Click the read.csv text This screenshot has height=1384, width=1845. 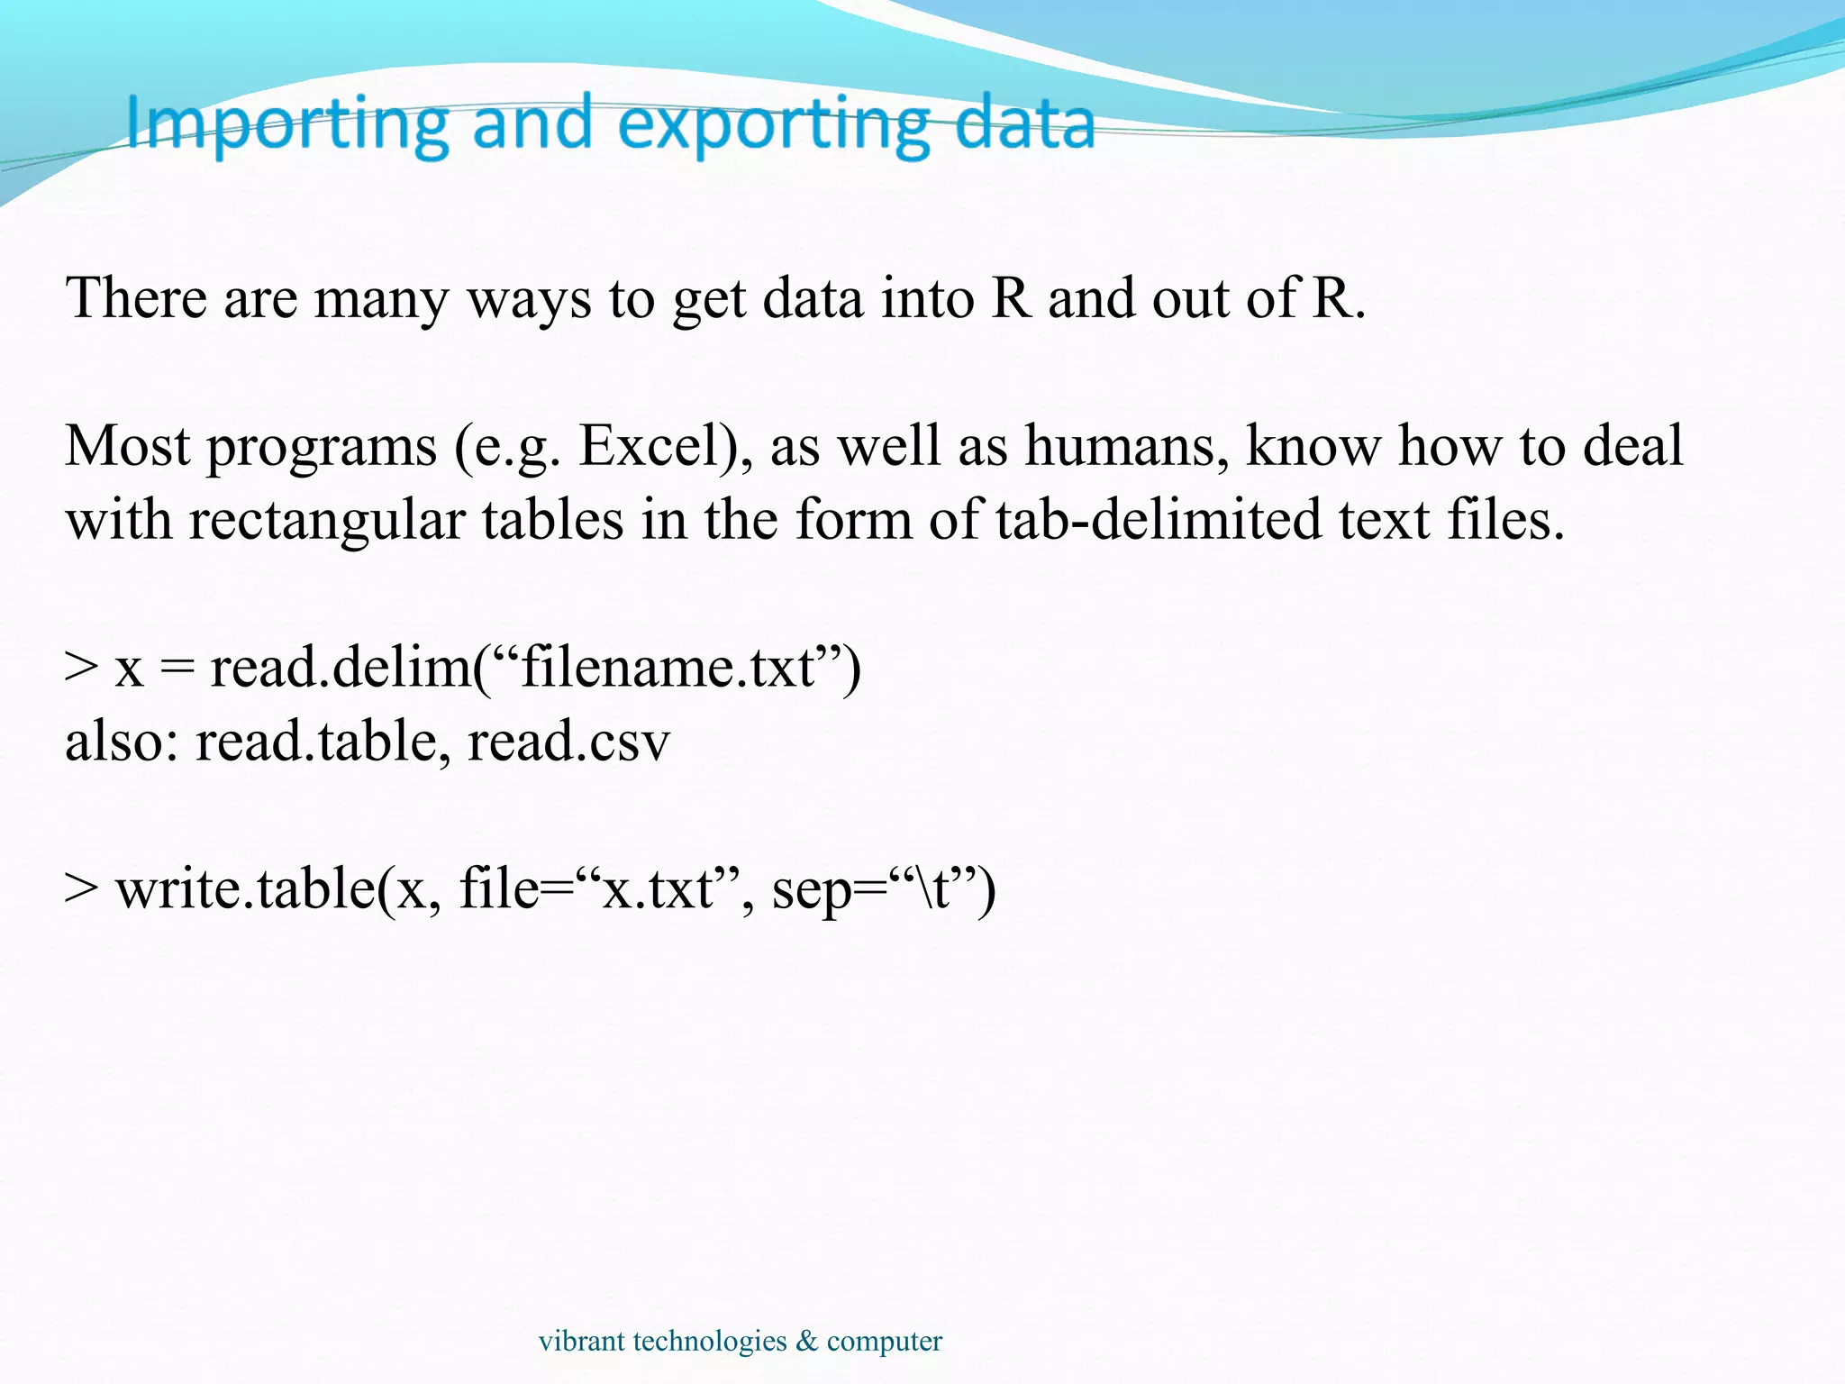[x=568, y=742]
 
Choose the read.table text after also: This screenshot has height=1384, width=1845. [x=316, y=742]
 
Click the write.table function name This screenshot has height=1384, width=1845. [x=245, y=889]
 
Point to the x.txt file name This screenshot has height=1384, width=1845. [x=658, y=889]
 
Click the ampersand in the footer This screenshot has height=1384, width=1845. [x=807, y=1341]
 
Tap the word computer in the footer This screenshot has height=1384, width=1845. [x=884, y=1342]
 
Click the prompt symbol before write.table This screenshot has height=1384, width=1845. [x=81, y=889]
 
